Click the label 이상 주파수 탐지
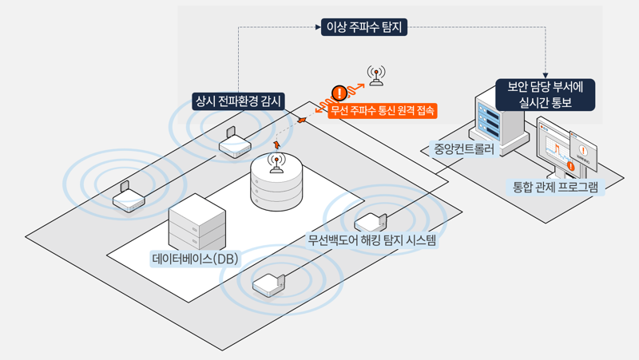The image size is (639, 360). pyautogui.click(x=364, y=27)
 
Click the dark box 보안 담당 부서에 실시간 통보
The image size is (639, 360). pyautogui.click(x=546, y=94)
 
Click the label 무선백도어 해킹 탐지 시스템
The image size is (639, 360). pyautogui.click(x=372, y=239)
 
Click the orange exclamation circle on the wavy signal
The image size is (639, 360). pyautogui.click(x=339, y=93)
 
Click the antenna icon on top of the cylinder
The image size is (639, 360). pyautogui.click(x=277, y=164)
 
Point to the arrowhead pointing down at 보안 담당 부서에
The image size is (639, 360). pyautogui.click(x=546, y=72)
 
